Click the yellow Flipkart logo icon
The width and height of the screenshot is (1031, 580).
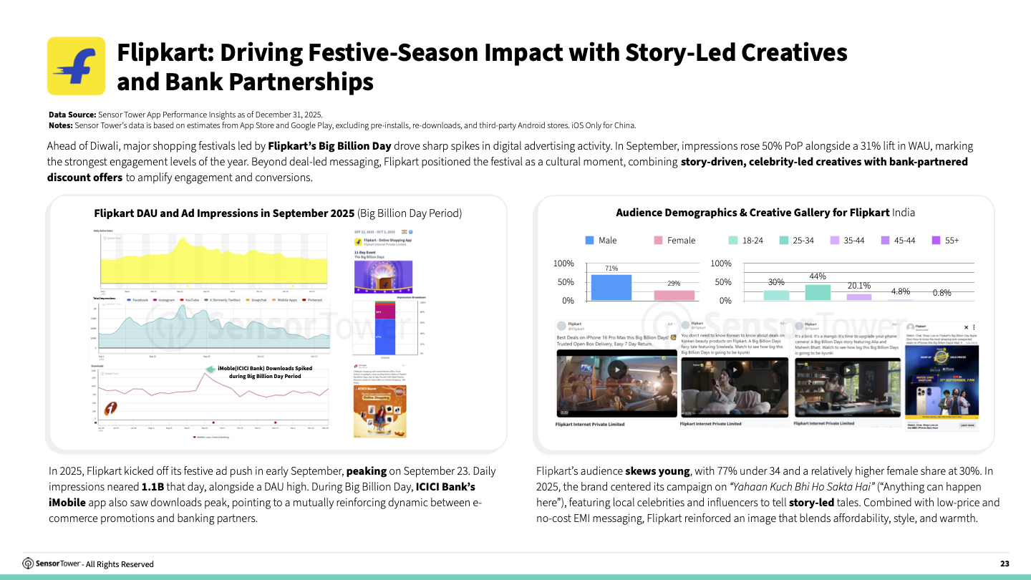(x=76, y=66)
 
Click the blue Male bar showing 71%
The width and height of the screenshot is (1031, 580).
(x=611, y=287)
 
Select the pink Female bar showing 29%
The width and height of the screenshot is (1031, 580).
(x=674, y=295)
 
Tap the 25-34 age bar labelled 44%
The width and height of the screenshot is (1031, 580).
(x=818, y=292)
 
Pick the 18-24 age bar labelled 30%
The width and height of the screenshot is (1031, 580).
(x=776, y=295)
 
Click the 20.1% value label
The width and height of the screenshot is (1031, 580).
(x=858, y=286)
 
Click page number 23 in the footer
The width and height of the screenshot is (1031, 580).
(x=1005, y=564)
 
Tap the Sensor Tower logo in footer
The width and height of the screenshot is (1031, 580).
(x=52, y=564)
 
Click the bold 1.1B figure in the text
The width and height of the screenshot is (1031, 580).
(x=153, y=486)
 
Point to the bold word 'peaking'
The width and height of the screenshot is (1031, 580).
(x=367, y=472)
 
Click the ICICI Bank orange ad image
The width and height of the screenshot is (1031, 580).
(x=379, y=411)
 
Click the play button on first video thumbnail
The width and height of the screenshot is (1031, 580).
(x=617, y=370)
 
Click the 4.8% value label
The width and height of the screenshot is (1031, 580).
(x=901, y=291)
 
